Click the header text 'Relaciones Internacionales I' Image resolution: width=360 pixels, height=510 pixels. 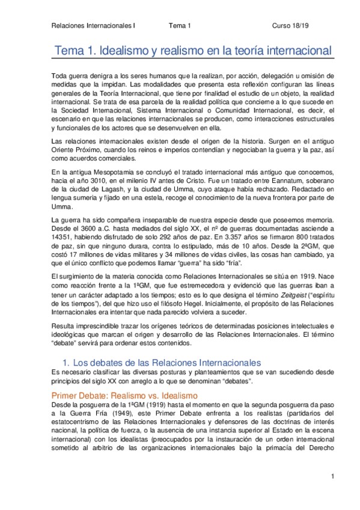pos(94,26)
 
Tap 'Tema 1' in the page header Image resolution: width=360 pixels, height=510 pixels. pos(179,26)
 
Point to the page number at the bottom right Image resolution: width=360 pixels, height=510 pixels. pos(331,477)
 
